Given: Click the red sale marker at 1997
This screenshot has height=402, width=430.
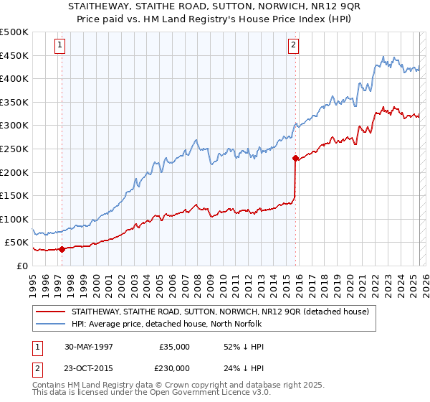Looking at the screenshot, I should [x=62, y=249].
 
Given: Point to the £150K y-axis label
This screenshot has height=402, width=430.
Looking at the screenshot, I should [x=14, y=195].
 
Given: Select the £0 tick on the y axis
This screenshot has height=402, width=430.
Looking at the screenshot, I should [x=21, y=266].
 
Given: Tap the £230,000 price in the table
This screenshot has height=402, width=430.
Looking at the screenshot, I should [x=172, y=369].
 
